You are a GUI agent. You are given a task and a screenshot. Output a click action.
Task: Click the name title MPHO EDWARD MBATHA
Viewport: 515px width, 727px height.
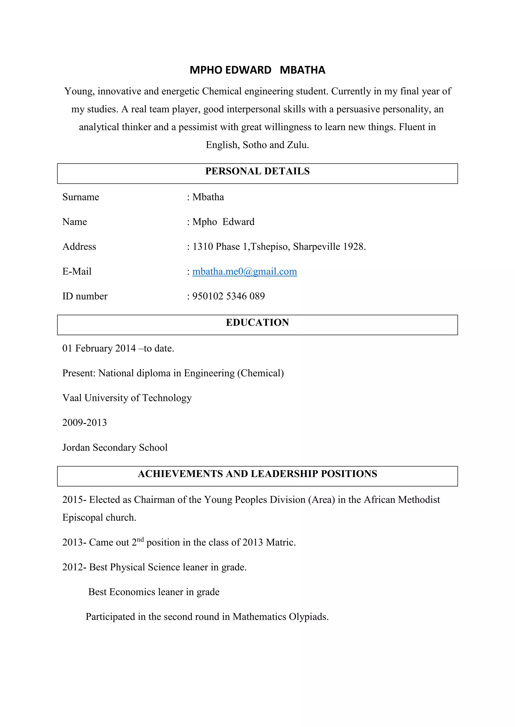pos(257,70)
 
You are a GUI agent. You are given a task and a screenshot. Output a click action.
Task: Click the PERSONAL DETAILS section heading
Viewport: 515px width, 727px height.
pos(257,171)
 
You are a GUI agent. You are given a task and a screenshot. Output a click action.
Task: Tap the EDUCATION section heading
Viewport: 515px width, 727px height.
pos(257,322)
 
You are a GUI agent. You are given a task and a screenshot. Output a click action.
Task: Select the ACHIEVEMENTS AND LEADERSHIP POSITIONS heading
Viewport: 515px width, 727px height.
pos(257,474)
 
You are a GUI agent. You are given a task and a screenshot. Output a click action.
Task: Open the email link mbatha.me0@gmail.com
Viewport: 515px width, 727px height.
pos(244,271)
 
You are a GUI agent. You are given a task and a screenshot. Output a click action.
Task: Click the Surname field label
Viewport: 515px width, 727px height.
pos(80,197)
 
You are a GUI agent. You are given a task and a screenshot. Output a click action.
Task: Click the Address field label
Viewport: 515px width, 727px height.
pos(79,247)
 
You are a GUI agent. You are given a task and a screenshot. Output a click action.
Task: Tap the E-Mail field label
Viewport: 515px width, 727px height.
pos(77,271)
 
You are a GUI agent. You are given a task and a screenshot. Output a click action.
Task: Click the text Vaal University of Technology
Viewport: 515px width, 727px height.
pos(127,398)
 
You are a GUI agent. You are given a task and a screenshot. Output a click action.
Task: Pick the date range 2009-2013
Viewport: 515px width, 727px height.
pos(84,423)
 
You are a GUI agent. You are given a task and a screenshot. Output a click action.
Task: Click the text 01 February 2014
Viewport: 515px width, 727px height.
pos(99,348)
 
